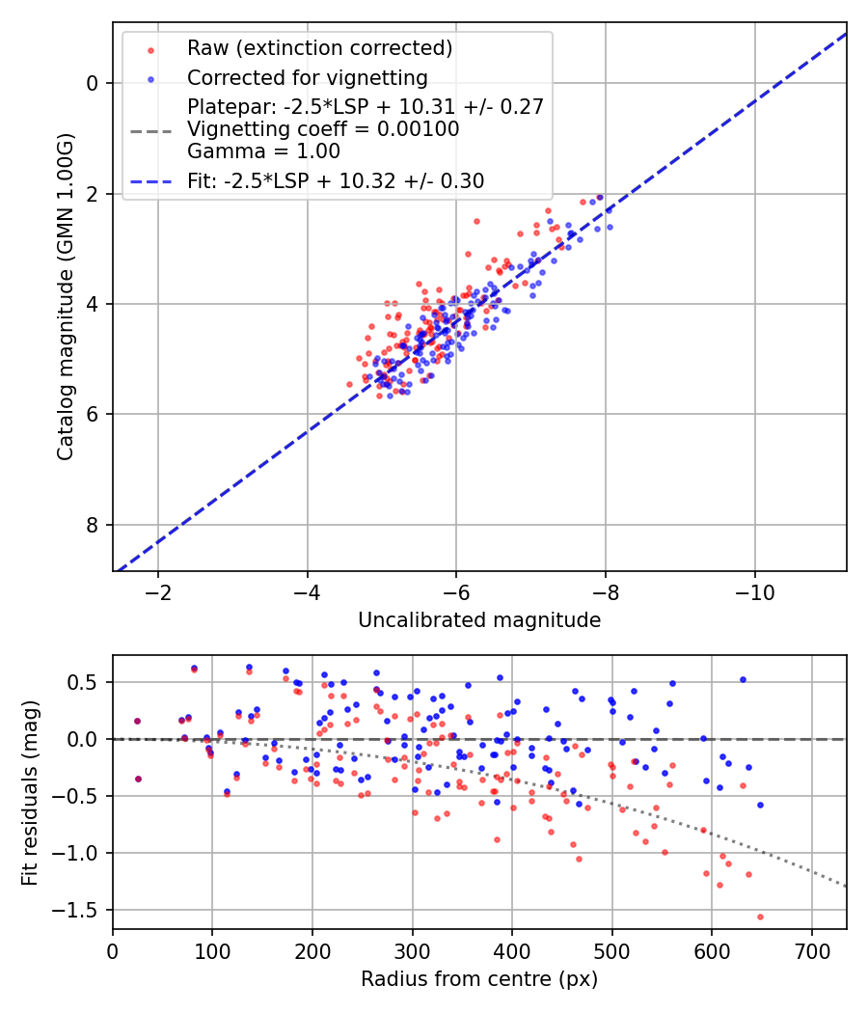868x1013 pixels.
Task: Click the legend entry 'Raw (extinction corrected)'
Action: (x=319, y=48)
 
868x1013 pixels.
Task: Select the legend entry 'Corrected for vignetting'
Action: (x=307, y=77)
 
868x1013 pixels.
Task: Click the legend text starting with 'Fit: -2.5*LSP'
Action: (x=336, y=180)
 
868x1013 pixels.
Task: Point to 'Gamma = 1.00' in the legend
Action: (x=263, y=151)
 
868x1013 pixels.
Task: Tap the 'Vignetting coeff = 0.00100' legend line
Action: (x=323, y=128)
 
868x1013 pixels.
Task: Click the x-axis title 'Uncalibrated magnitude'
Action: (x=479, y=620)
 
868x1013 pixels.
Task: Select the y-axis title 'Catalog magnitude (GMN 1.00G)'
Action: (x=65, y=295)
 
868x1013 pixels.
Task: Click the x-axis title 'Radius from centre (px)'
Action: (x=479, y=979)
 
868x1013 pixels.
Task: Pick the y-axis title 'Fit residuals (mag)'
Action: (x=30, y=791)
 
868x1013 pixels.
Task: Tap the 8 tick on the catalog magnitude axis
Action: (x=93, y=525)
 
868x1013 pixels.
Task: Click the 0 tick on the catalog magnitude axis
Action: (x=93, y=83)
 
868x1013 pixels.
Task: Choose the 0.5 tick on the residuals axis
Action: (x=87, y=682)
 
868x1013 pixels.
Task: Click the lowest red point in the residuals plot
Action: (x=760, y=917)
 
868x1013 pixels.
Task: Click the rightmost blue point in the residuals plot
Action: (x=760, y=805)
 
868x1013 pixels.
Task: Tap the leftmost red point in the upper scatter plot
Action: (x=349, y=384)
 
